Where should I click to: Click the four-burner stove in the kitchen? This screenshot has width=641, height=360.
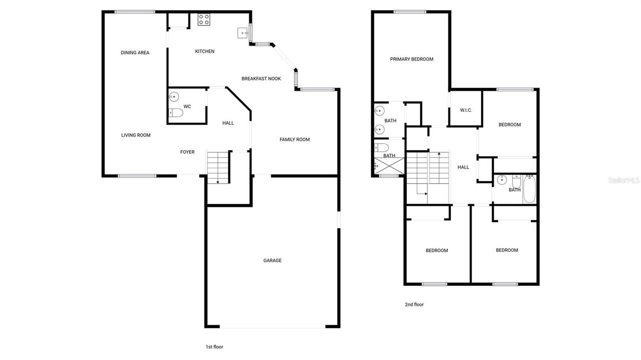pos(203,20)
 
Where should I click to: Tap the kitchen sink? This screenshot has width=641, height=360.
pos(243,33)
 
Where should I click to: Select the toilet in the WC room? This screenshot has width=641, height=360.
pos(176,113)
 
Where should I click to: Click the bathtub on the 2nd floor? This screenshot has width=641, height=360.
pos(529,189)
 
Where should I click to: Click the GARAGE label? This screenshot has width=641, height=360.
pos(272,260)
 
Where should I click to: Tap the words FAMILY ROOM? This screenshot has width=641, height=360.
pos(294,140)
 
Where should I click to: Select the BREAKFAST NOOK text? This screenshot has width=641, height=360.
pos(261,79)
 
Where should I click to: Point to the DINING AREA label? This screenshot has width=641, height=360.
pos(135,53)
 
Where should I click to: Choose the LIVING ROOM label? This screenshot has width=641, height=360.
pos(136,135)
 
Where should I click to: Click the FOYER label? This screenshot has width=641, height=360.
pos(187,152)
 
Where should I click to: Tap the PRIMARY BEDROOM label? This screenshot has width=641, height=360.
pos(412,59)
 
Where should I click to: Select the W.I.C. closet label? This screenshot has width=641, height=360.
pos(466,111)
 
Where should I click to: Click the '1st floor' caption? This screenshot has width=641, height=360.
pos(214,346)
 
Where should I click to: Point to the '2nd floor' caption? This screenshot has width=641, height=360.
pos(414,304)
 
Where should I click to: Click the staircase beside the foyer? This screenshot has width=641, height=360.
pos(218,168)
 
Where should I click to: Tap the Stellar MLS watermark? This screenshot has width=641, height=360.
pos(623,180)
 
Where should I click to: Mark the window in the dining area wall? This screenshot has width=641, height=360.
pos(135,12)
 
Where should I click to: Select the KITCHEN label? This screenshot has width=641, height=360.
pos(205,51)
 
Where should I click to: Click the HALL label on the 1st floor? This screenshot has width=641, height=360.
pos(228,123)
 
